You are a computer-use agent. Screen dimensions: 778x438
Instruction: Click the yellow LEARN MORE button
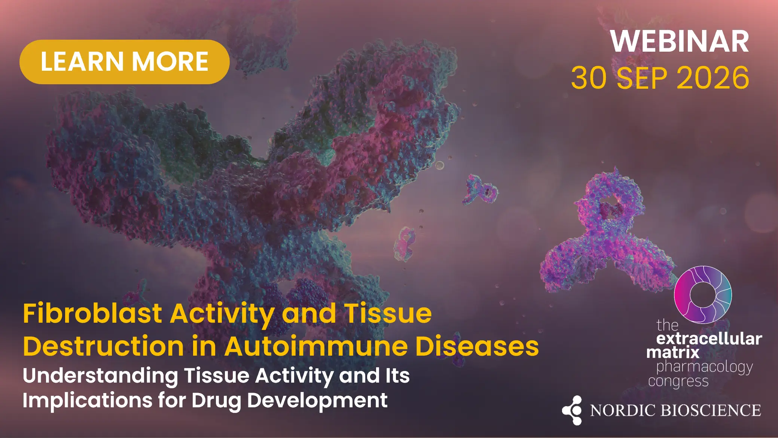tap(124, 62)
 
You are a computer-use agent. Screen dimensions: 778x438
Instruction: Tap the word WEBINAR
tap(680, 42)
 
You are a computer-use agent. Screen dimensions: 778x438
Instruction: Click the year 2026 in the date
tap(713, 77)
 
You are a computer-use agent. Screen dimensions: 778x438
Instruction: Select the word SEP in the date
tap(641, 77)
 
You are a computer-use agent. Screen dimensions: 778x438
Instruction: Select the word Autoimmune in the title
tap(316, 346)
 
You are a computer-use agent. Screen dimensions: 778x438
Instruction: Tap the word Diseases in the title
tap(477, 346)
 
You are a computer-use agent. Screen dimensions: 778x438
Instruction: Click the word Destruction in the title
tap(103, 346)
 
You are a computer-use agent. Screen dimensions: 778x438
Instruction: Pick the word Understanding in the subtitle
tap(100, 376)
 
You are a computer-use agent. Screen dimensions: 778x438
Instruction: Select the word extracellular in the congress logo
tap(709, 339)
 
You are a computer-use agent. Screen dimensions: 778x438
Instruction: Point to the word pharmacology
tap(705, 367)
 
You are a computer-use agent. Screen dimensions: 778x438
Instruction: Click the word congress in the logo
tap(678, 381)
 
